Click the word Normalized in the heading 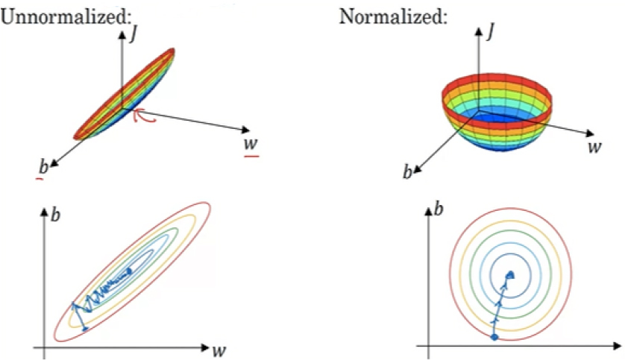tap(391, 16)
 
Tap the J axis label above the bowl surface tap(490, 31)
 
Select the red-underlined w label tap(251, 142)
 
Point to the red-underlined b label tap(43, 166)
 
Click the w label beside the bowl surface tap(594, 147)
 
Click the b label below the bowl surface tap(407, 172)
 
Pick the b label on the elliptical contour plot tap(55, 215)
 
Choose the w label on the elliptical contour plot tap(219, 350)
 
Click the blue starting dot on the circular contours tap(494, 337)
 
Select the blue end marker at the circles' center tap(511, 274)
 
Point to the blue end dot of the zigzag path tap(128, 272)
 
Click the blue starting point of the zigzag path tap(84, 329)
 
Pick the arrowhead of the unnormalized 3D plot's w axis tap(246, 130)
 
